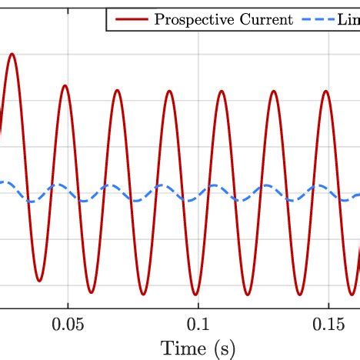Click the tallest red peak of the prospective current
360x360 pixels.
pos(12,55)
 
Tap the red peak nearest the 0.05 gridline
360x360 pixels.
pos(65,85)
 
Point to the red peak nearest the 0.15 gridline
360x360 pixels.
pos(326,92)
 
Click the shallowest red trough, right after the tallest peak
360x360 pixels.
pos(39,280)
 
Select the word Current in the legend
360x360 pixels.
pos(262,20)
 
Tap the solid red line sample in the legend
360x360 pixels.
pos(129,20)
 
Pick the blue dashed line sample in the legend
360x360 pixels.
pos(320,20)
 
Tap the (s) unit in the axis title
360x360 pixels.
pos(221,348)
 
